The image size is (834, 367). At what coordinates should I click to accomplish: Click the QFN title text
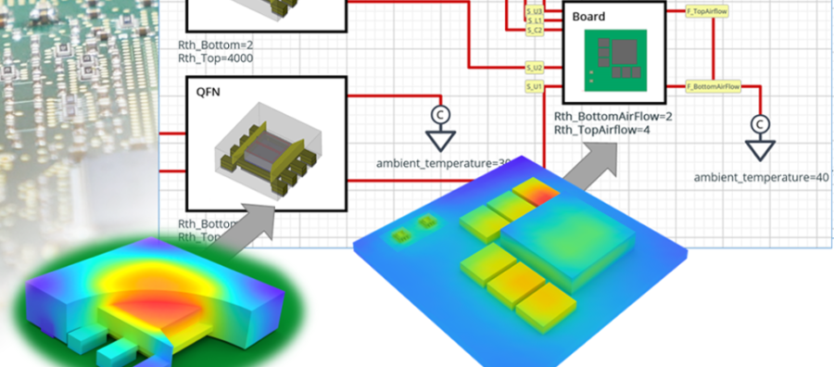208,92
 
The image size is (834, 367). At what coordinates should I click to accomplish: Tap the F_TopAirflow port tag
705,10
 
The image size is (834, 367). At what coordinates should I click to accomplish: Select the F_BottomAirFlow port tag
714,86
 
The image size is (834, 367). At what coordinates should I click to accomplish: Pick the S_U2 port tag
535,68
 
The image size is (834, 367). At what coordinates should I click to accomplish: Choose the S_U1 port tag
535,87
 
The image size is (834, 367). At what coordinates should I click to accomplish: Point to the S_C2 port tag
535,31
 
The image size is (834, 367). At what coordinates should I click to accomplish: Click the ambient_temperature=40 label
761,177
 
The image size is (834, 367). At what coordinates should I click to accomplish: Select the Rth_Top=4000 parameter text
216,57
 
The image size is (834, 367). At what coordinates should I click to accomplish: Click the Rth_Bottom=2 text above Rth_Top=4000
209,44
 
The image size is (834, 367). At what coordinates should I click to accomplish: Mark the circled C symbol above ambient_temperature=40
760,123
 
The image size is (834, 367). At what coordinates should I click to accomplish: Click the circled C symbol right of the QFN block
439,114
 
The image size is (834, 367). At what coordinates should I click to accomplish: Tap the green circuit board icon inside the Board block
613,59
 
